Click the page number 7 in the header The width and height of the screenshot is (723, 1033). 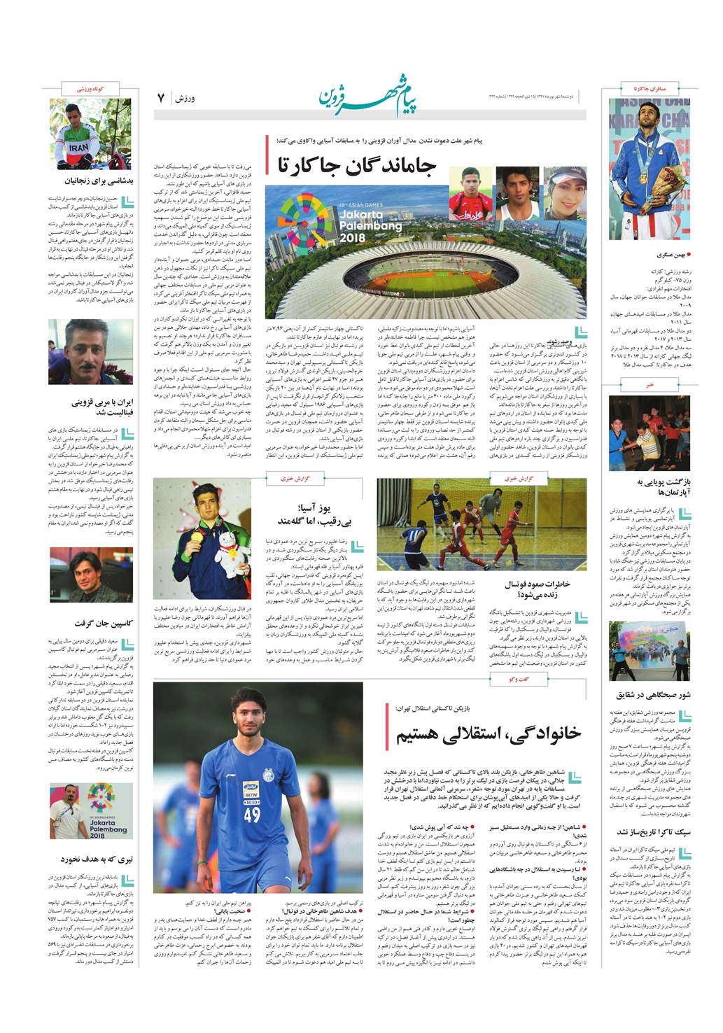coord(160,98)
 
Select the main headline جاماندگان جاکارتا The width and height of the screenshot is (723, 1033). coord(356,165)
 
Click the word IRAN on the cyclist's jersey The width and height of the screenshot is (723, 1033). coord(78,148)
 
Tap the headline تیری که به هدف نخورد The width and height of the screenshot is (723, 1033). coord(97,859)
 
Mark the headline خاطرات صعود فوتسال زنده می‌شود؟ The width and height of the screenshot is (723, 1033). coord(537,589)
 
